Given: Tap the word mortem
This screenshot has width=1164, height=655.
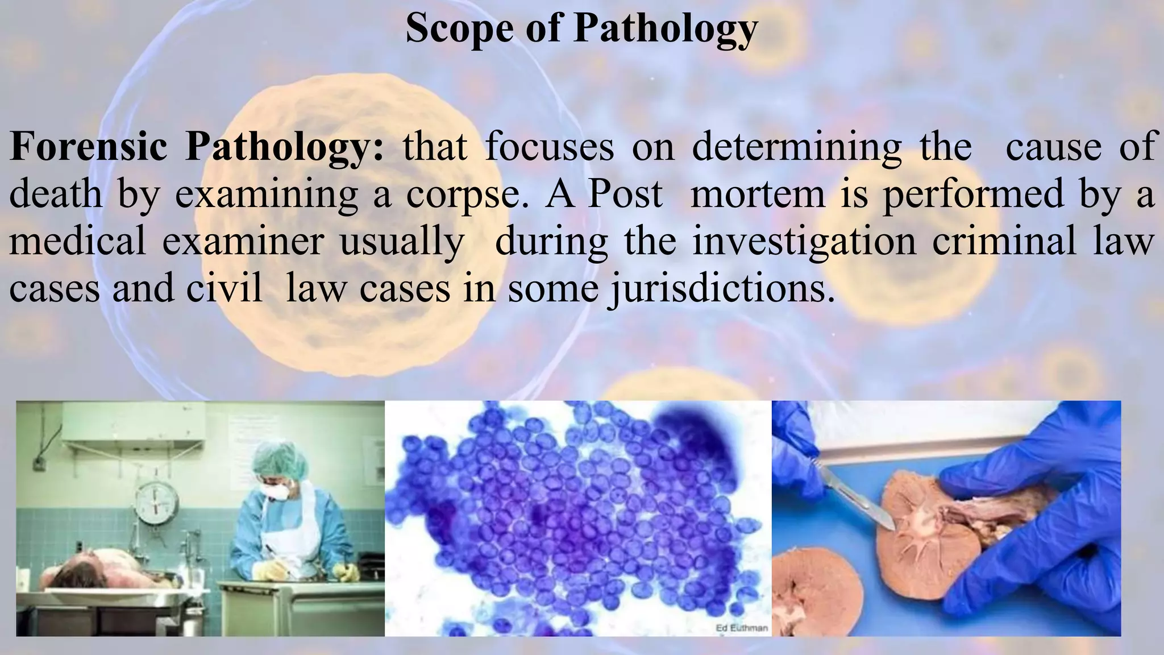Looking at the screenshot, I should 756,193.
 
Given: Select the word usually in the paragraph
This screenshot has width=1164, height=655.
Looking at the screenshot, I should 401,241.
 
